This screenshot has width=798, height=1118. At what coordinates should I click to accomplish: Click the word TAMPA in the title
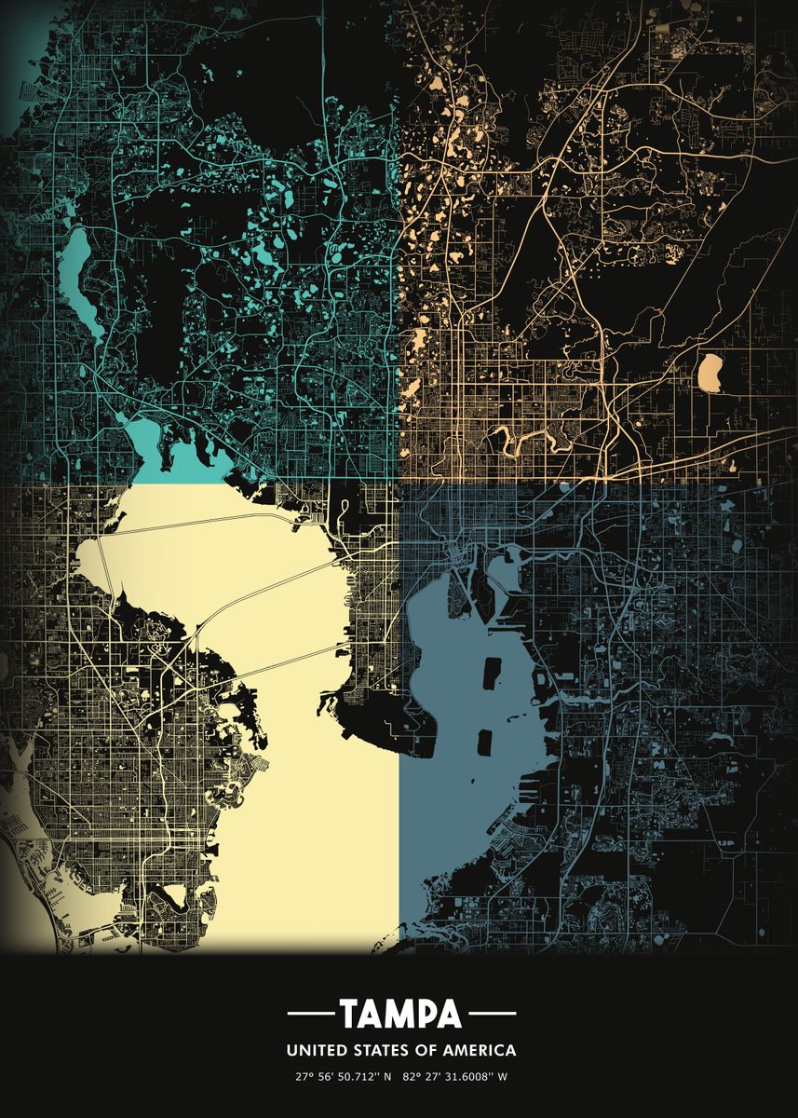coord(400,1013)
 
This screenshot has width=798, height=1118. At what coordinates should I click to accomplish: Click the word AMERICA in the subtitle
coord(479,1050)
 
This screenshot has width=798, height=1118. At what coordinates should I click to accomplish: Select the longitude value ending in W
coord(456,1077)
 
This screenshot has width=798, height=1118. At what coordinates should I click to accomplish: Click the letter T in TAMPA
coord(348,1013)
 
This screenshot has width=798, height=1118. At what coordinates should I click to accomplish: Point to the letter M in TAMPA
coord(400,1013)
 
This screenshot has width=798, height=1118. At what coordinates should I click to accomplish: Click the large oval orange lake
coord(710,373)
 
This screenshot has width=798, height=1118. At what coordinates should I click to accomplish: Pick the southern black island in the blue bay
coord(484,742)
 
